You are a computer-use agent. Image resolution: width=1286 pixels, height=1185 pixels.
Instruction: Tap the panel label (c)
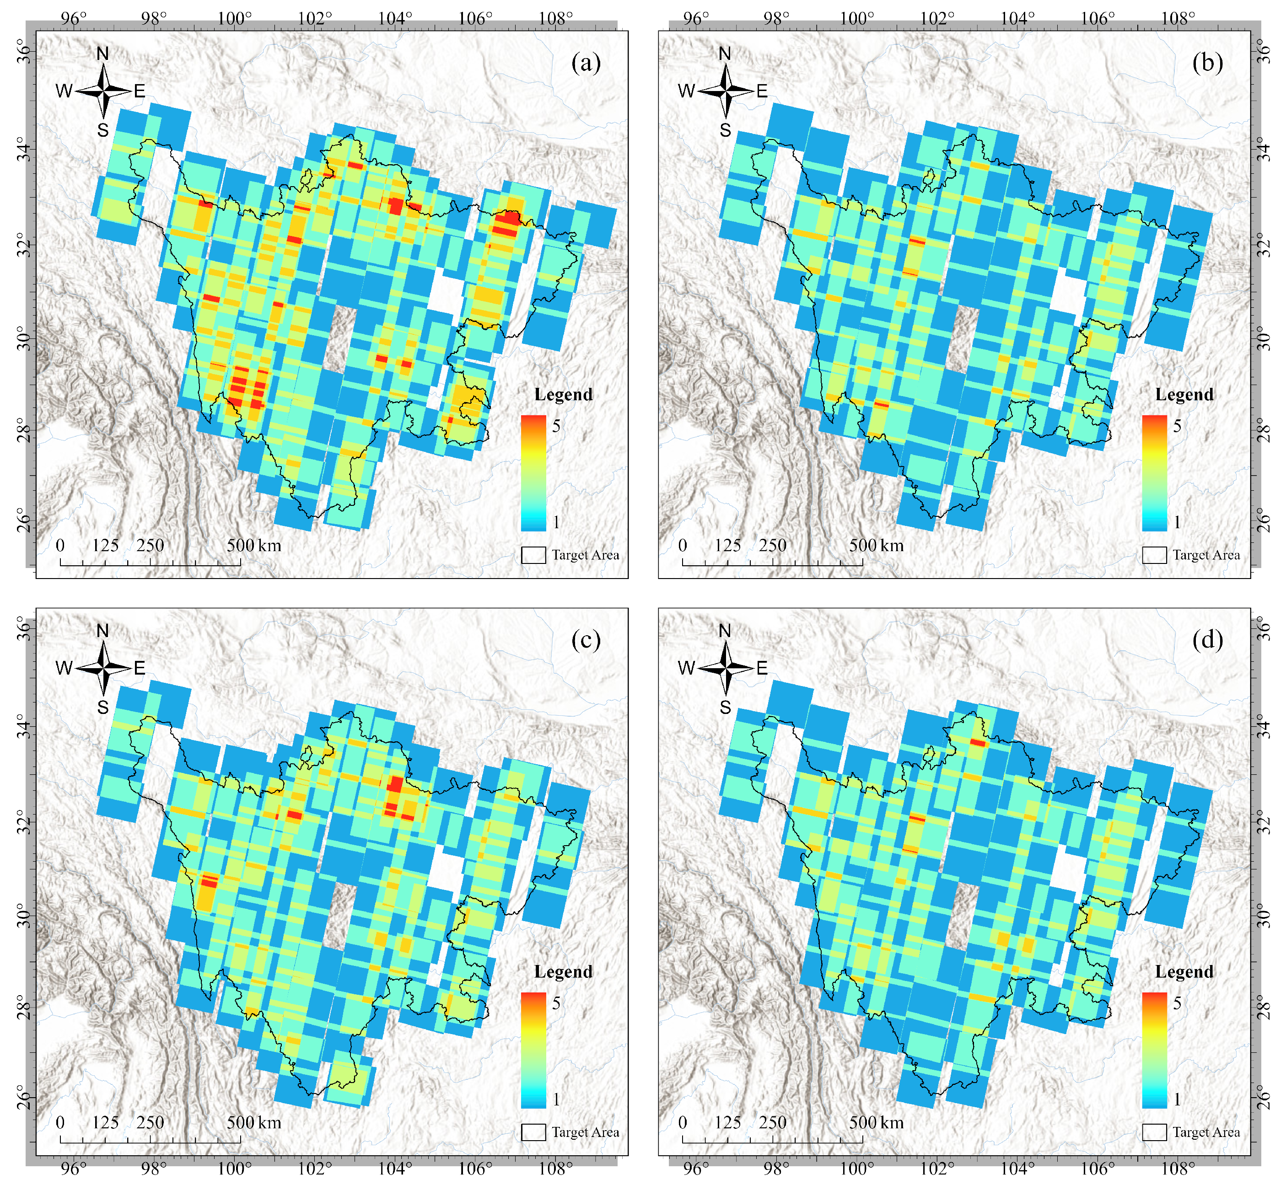coord(586,639)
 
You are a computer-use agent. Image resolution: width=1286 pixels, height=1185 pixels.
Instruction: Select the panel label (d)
coord(1208,639)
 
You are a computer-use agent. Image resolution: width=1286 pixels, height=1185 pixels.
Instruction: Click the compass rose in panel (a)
coord(102,91)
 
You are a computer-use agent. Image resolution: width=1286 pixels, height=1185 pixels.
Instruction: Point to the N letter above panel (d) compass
coord(725,631)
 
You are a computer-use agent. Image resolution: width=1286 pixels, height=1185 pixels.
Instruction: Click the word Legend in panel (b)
coord(1184,394)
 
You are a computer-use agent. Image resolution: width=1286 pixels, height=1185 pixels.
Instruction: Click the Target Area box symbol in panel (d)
coord(1154,1132)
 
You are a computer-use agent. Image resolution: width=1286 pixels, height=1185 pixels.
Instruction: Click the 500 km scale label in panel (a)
coord(254,546)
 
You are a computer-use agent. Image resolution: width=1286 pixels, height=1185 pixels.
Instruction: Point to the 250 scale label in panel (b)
coord(772,546)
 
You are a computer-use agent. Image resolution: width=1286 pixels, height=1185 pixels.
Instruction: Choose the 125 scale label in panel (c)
coord(105,1122)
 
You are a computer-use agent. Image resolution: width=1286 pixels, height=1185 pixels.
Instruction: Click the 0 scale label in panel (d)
coord(683,1122)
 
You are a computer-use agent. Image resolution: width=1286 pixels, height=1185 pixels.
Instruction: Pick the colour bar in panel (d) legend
coord(1154,1050)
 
